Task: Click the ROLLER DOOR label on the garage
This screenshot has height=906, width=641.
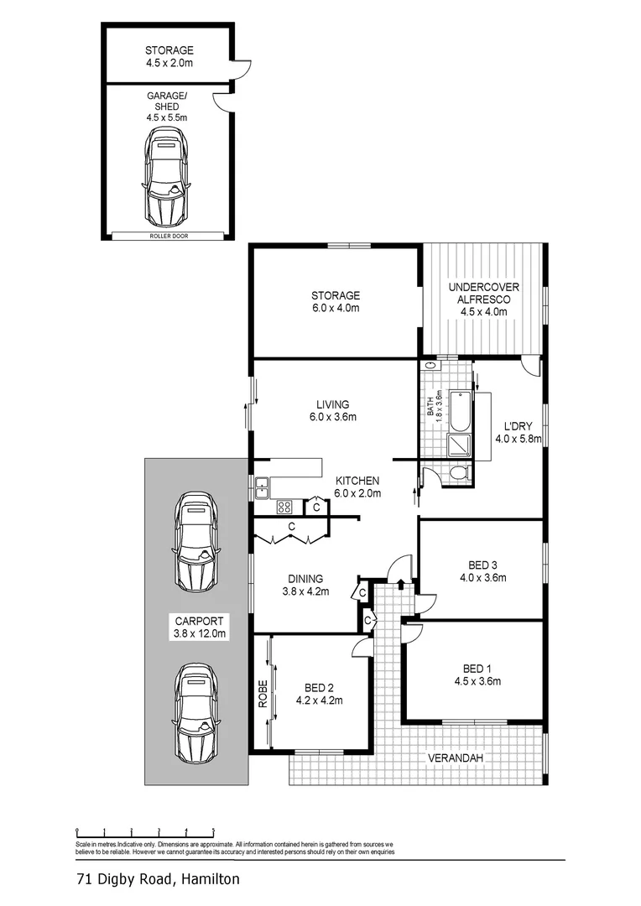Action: click(x=169, y=237)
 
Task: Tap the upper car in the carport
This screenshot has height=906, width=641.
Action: click(x=196, y=541)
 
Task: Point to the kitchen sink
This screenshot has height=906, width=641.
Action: click(x=263, y=484)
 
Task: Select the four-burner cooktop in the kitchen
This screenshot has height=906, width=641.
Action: click(x=284, y=506)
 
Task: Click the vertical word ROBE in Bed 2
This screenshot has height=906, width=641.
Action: click(x=262, y=694)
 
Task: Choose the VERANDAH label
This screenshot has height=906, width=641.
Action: click(x=456, y=758)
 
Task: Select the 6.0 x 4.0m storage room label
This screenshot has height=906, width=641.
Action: click(x=336, y=308)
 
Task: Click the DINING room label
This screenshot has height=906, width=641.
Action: click(x=305, y=578)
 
